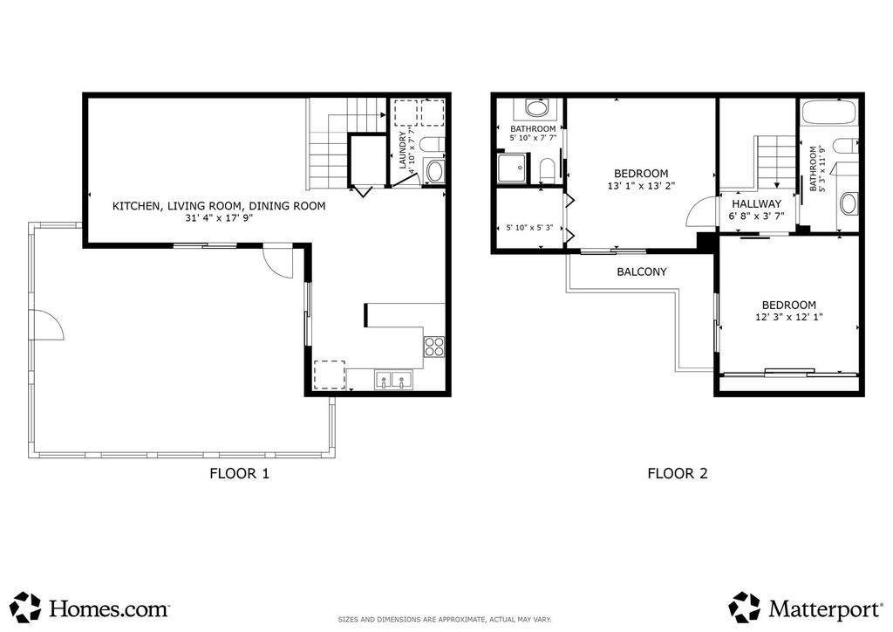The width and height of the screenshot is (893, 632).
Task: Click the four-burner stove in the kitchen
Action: (434, 347)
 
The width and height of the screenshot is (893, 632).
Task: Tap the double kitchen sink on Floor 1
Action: (393, 380)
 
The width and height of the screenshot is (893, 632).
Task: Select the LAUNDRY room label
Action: (403, 150)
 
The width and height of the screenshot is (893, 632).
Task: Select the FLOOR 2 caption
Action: (677, 474)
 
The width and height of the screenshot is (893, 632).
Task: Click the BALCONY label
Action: (641, 271)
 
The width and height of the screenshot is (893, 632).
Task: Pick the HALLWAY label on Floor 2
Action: (756, 204)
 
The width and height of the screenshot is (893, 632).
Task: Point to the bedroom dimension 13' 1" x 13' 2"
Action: (641, 186)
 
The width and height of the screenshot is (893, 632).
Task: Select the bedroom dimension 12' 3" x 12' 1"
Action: (788, 318)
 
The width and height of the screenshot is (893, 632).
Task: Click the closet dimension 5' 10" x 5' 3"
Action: (528, 229)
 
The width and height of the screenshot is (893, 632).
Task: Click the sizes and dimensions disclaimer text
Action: (445, 620)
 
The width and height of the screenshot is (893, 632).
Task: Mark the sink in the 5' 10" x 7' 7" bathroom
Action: (535, 110)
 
